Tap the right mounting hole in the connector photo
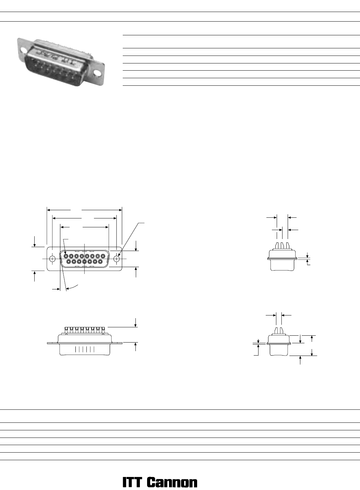(98, 73)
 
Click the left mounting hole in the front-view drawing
(52, 259)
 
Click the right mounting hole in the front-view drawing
(117, 259)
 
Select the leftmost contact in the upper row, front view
(66, 256)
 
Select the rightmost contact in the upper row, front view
(103, 256)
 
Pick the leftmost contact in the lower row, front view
(69, 261)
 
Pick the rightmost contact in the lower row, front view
(100, 261)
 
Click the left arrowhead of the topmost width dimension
(49, 210)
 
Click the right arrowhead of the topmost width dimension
(120, 210)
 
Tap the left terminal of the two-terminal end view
(277, 331)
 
